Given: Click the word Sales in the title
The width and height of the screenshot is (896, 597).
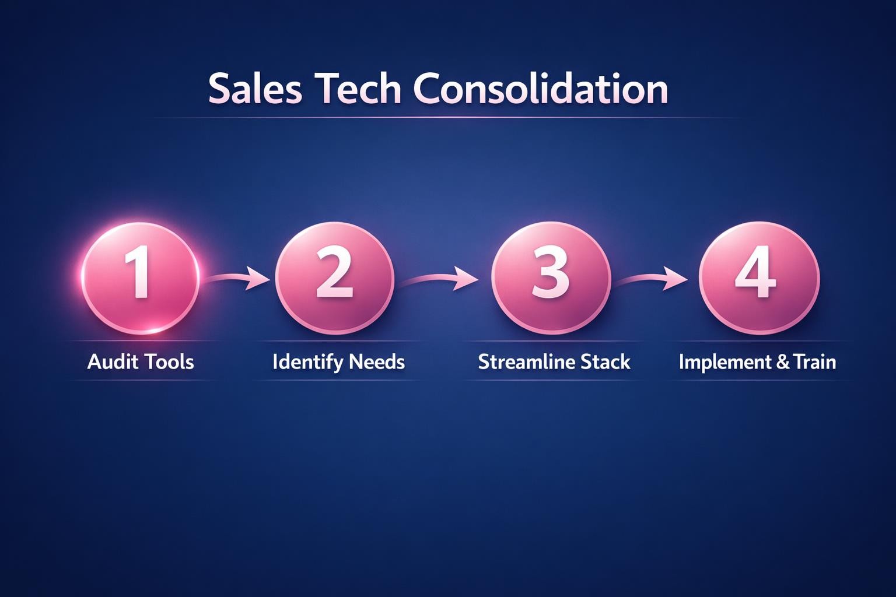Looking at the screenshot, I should click(255, 89).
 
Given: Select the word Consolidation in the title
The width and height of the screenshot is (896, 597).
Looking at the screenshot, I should click(541, 89).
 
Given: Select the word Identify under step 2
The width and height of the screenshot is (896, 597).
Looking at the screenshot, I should click(307, 363).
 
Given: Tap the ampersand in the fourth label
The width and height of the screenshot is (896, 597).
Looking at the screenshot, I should click(783, 363).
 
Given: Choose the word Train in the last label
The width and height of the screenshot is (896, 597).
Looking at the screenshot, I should click(815, 362).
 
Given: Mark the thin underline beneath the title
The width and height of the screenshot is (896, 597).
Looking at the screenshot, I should click(443, 118).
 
